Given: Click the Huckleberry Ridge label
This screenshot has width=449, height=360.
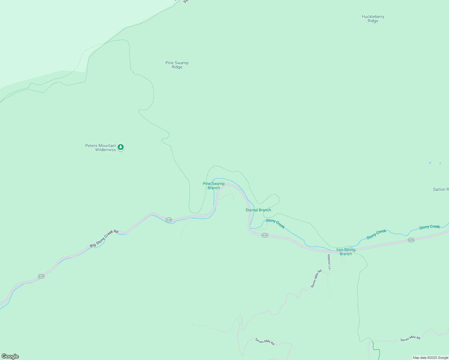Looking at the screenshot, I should tap(373, 19).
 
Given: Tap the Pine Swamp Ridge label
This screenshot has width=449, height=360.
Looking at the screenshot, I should tap(177, 65).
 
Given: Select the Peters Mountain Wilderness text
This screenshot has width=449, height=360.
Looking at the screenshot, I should tap(101, 148).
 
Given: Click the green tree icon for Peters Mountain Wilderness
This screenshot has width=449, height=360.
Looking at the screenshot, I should tap(121, 147).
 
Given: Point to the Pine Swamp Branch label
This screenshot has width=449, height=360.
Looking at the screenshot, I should tap(214, 186).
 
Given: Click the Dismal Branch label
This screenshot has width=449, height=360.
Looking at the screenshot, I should tap(258, 210).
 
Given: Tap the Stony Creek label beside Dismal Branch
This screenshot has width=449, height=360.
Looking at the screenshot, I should tap(275, 223).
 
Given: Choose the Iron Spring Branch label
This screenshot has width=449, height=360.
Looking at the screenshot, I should tap(346, 252).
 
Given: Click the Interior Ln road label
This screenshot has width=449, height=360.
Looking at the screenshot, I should tap(329, 262).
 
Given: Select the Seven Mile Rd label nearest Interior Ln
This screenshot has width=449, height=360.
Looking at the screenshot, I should tap(316, 279).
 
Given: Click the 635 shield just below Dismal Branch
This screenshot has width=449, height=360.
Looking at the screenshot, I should tap(265, 235).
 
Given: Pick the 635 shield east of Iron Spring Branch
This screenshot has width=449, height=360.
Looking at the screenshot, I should tap(411, 240).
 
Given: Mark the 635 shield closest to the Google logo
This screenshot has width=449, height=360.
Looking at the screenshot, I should tap(41, 276).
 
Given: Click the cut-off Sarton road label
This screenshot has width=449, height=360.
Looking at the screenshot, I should tap(441, 189).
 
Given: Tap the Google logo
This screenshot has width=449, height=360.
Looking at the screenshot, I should tap(10, 356).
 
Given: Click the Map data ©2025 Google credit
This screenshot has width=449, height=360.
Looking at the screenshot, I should tap(430, 358).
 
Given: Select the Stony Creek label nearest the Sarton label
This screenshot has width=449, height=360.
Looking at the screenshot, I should tap(429, 227).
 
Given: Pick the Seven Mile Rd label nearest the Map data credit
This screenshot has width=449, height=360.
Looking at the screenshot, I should tap(410, 338).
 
